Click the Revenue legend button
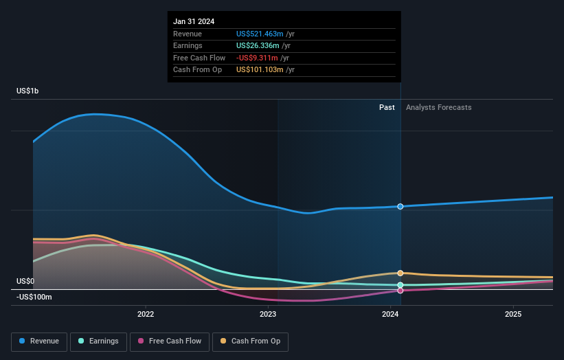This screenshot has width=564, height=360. (x=39, y=341)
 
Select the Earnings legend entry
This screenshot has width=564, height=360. (x=98, y=341)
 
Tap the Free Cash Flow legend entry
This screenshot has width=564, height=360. (x=170, y=341)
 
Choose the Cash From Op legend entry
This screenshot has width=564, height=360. (x=251, y=341)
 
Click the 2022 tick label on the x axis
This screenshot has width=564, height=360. (x=146, y=315)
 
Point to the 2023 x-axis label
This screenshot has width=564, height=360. (x=268, y=315)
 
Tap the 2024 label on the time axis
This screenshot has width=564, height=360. (x=390, y=315)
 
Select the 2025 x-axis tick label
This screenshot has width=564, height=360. (x=512, y=315)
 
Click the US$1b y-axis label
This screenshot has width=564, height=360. (x=28, y=91)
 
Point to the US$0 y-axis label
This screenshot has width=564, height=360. (x=25, y=281)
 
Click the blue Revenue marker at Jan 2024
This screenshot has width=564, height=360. (x=401, y=206)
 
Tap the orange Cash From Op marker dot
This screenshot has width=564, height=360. (x=401, y=273)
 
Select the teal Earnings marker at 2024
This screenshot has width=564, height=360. (x=401, y=284)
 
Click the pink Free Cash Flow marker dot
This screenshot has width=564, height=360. (x=401, y=290)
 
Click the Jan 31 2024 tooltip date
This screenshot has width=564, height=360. (x=194, y=21)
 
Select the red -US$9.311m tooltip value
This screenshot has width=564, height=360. (x=258, y=58)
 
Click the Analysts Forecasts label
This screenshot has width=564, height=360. (x=438, y=107)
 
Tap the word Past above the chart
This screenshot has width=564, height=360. (x=387, y=107)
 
